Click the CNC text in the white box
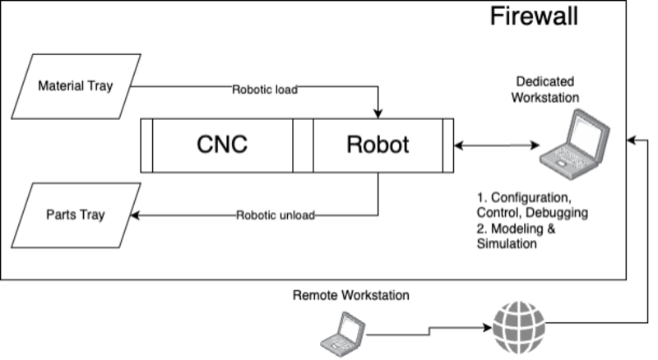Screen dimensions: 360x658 tap(222, 145)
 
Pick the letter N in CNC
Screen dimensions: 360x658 tap(222, 145)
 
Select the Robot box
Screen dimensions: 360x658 tap(378, 145)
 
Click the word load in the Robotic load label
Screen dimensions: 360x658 tap(288, 90)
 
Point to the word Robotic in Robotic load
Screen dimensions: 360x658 tap(254, 90)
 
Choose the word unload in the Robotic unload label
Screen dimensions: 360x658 tap(297, 215)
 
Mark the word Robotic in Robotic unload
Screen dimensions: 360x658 tap(258, 215)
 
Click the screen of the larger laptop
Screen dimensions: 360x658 tap(589, 131)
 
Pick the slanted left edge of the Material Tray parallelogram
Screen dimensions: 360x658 tap(22, 86)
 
